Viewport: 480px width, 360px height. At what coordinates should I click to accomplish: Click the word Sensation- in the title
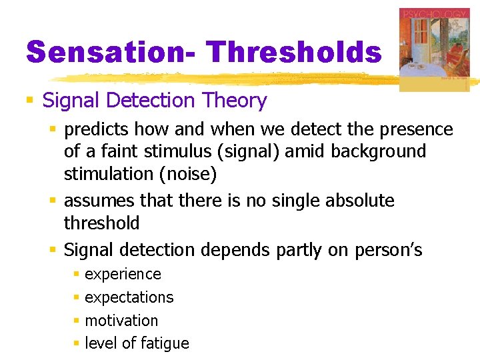[x=110, y=52]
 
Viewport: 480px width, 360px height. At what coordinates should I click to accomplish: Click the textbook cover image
[x=434, y=50]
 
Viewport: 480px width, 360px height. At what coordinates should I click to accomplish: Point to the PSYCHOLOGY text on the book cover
[x=434, y=14]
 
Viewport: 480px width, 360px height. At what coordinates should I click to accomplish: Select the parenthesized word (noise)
[x=193, y=174]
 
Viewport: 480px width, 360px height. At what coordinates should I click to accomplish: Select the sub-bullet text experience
[x=123, y=275]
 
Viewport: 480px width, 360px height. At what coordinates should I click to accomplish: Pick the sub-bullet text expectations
[x=129, y=297]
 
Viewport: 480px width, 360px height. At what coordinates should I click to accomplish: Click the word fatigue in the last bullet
[x=164, y=343]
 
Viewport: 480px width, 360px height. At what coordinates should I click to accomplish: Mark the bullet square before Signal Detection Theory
[x=29, y=101]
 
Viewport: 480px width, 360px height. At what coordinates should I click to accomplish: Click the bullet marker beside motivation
[x=77, y=321]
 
